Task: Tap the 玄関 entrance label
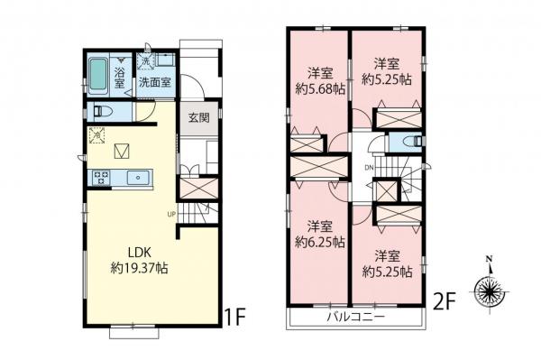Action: click(199, 115)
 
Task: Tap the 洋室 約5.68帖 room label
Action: click(319, 81)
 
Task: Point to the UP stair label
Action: click(171, 214)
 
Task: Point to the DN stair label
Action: click(368, 168)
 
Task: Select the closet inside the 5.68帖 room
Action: click(307, 144)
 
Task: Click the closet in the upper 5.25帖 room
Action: click(398, 119)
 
